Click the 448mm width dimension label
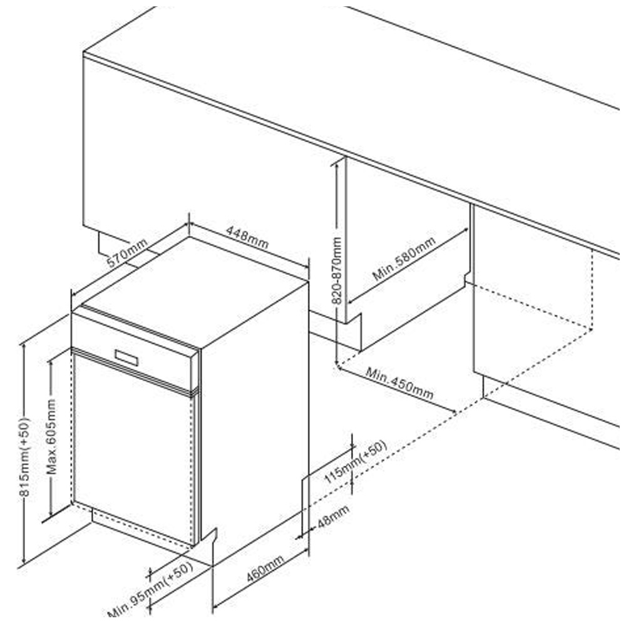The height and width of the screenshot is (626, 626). click(x=247, y=237)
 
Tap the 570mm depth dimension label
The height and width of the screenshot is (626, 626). click(x=127, y=253)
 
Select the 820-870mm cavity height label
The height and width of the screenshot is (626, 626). click(x=337, y=270)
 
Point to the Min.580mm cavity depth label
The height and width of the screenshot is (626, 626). click(x=404, y=259)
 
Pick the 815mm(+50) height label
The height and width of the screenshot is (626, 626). click(x=24, y=457)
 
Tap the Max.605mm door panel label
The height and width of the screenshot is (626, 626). click(x=51, y=436)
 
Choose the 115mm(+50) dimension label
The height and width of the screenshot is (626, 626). click(x=355, y=462)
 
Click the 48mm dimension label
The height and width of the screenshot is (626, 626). click(x=333, y=518)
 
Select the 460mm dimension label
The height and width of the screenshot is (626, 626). click(x=265, y=568)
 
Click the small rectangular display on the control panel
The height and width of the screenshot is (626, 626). click(x=126, y=357)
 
